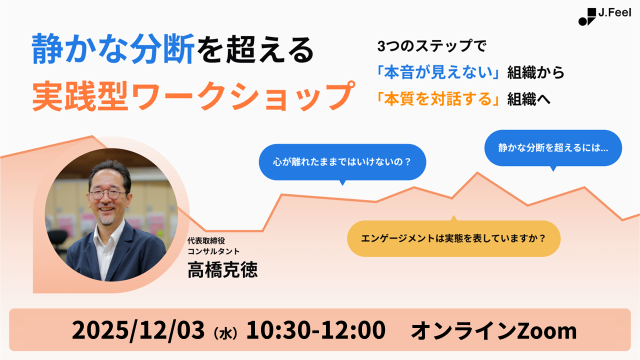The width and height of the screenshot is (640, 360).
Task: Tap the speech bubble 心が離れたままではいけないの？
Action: [x=342, y=162]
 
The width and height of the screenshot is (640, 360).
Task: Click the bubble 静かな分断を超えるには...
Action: [x=552, y=148]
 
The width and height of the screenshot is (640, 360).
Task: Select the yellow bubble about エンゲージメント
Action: [x=453, y=238]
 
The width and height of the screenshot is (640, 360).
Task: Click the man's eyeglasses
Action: [x=107, y=193]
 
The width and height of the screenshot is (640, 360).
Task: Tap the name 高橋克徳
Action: [x=222, y=270]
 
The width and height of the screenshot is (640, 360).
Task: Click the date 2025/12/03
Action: [x=138, y=330]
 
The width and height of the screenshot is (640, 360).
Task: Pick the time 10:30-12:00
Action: [x=315, y=330]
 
